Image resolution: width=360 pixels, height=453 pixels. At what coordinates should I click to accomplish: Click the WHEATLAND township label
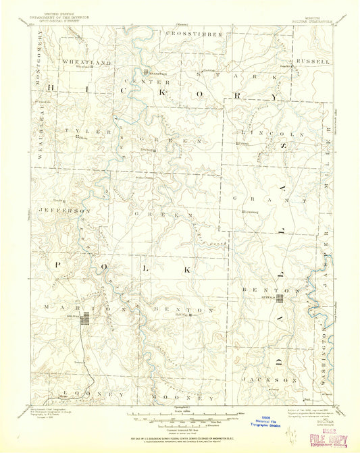pos(86,61)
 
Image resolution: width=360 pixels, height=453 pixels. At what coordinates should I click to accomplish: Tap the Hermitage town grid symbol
pos(145,68)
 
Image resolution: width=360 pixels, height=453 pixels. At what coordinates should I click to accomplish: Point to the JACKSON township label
pos(278,379)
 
